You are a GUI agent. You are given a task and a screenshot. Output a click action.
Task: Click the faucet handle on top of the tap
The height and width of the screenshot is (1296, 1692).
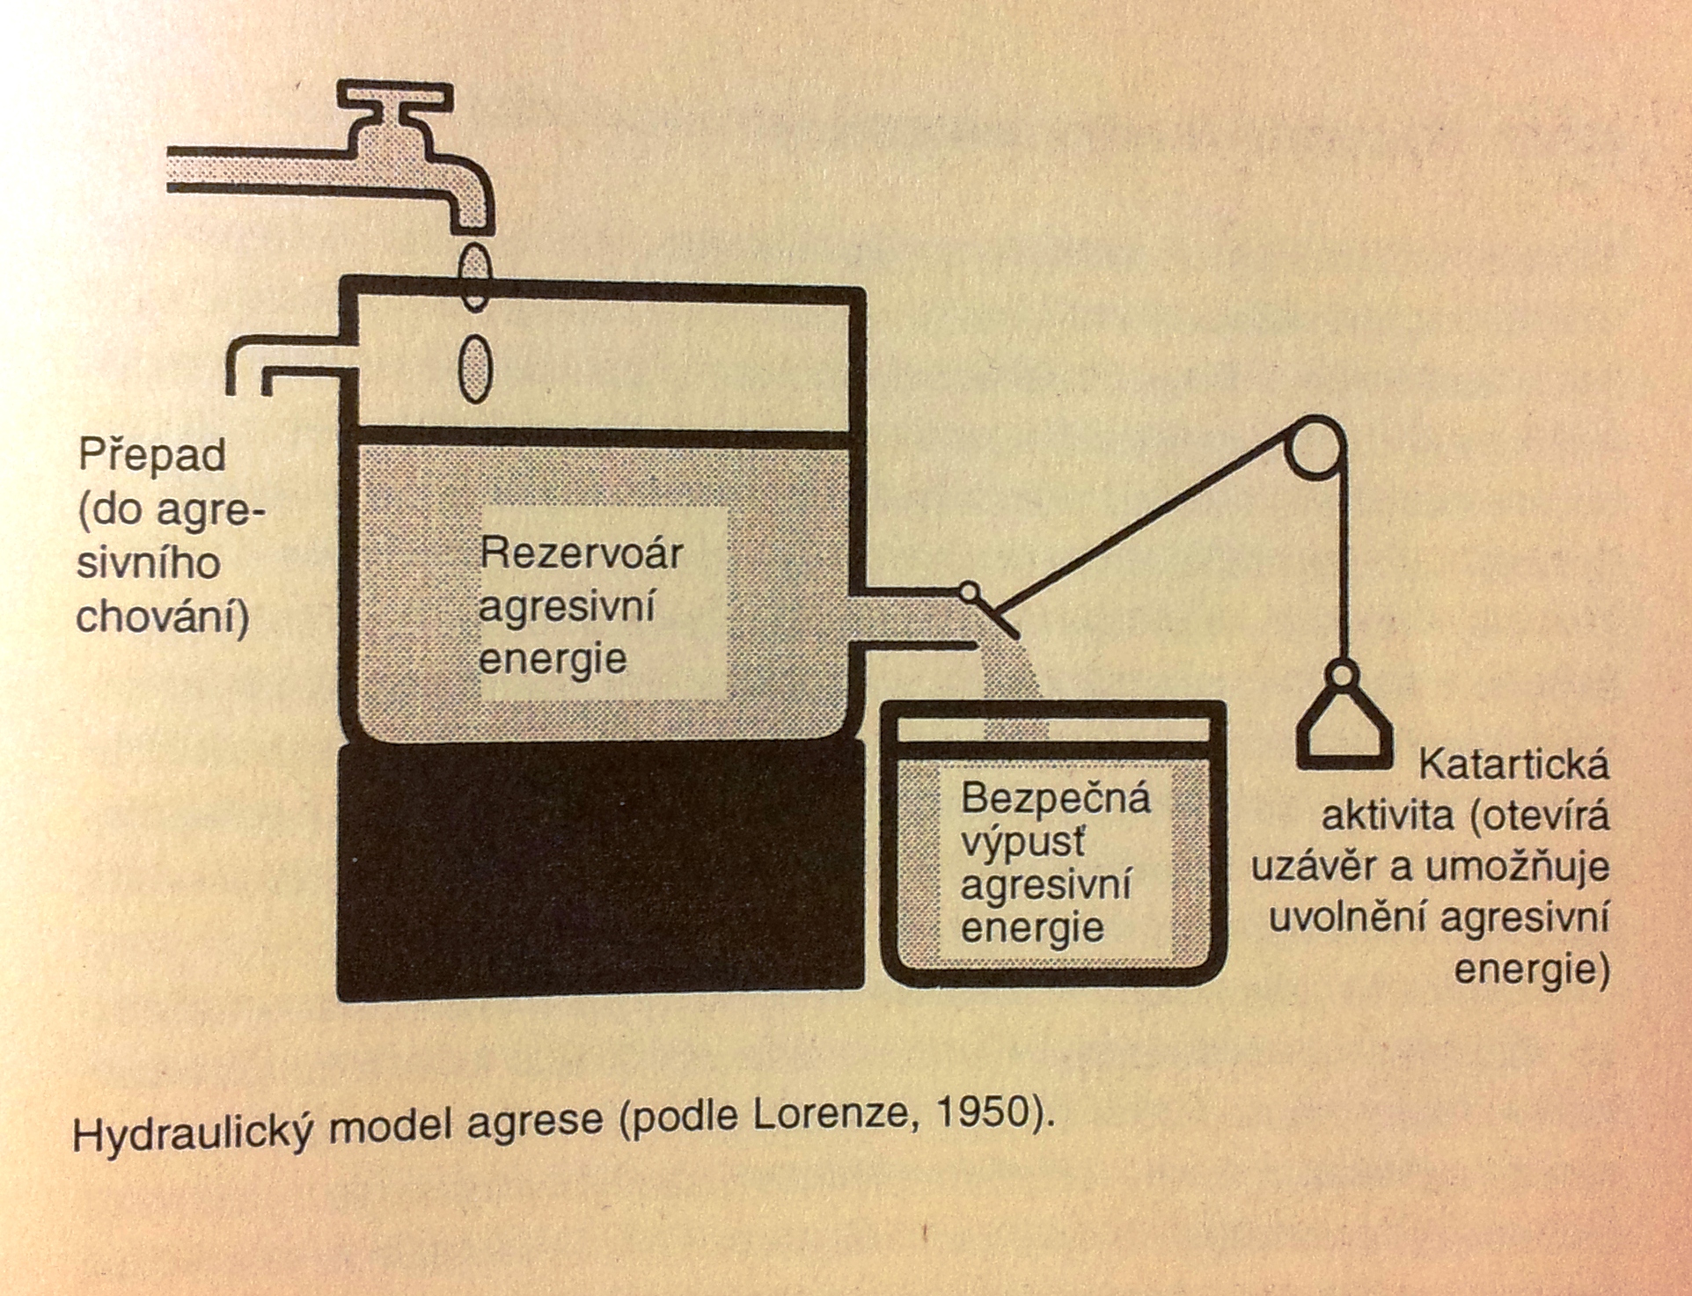395,96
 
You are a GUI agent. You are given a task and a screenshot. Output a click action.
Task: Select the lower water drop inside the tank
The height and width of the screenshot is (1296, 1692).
475,369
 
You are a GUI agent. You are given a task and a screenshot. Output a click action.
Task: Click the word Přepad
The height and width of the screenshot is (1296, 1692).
152,456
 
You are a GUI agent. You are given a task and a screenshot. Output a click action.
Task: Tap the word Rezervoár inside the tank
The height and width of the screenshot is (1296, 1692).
581,554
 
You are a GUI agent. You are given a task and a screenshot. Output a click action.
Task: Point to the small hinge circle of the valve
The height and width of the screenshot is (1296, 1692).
969,592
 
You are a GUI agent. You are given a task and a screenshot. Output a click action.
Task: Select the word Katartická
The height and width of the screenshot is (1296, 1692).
1513,764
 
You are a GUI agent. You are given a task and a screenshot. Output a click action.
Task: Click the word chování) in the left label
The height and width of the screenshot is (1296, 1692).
163,618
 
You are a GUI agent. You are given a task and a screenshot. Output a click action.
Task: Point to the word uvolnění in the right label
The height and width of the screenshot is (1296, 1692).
1347,919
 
